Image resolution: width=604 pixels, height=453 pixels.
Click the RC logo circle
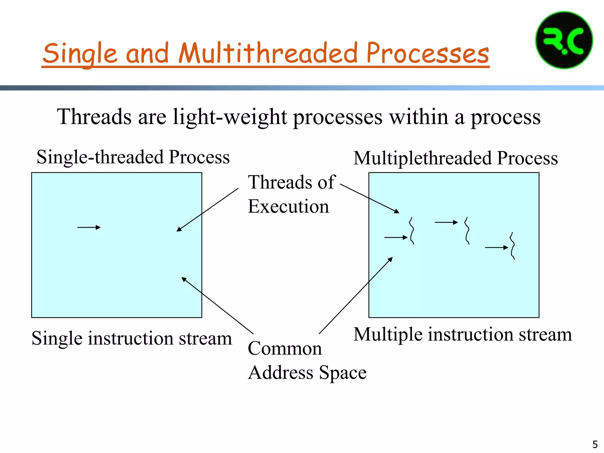(564, 40)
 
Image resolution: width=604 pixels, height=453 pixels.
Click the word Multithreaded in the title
(268, 53)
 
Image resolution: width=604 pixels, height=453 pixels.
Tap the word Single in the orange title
(80, 53)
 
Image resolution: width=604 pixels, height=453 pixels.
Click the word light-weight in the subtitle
(230, 117)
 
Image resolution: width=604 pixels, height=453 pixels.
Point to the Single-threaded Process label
(133, 157)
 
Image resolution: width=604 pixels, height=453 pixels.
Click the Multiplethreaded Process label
(455, 158)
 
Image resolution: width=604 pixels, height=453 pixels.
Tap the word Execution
(288, 206)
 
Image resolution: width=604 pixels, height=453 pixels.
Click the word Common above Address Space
(285, 348)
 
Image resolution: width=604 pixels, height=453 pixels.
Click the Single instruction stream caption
(132, 338)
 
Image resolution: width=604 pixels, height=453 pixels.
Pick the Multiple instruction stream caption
(462, 334)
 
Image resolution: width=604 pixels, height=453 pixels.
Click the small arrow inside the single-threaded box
(89, 227)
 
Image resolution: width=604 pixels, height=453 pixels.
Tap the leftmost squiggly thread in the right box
(412, 231)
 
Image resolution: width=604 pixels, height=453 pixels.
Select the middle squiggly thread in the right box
(467, 231)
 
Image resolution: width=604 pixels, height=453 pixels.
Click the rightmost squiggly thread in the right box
(513, 246)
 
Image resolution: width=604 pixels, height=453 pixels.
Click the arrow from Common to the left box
(217, 306)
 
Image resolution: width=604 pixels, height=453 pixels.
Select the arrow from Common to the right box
(356, 296)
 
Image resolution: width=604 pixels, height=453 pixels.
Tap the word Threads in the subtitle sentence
(94, 117)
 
